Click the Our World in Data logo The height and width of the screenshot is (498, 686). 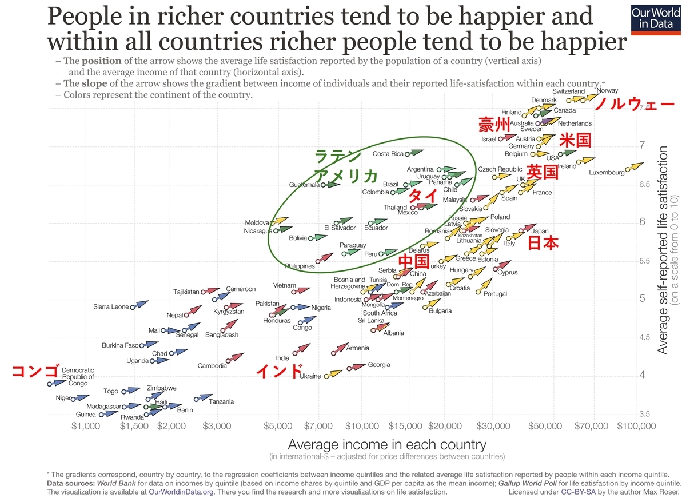tap(655, 19)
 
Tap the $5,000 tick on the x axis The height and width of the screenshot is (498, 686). tap(278, 426)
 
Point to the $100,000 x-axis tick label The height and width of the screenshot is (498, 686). tap(636, 426)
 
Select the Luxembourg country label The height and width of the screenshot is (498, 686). tap(607, 173)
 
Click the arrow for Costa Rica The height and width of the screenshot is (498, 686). tap(415, 153)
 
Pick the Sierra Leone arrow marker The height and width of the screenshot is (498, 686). tap(140, 304)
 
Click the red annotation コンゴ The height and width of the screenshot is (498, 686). tap(35, 371)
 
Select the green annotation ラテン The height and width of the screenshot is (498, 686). tap(337, 156)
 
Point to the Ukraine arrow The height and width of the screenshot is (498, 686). tap(334, 374)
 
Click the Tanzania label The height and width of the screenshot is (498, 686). tap(221, 402)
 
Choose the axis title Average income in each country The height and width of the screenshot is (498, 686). tap(387, 444)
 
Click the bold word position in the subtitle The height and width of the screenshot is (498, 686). tap(101, 61)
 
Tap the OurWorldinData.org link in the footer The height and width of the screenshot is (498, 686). tap(181, 492)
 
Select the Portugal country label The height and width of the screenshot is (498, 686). tap(495, 294)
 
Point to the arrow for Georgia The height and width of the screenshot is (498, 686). tap(357, 367)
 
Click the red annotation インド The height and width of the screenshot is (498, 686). tap(280, 371)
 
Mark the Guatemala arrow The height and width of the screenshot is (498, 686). tap(331, 184)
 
